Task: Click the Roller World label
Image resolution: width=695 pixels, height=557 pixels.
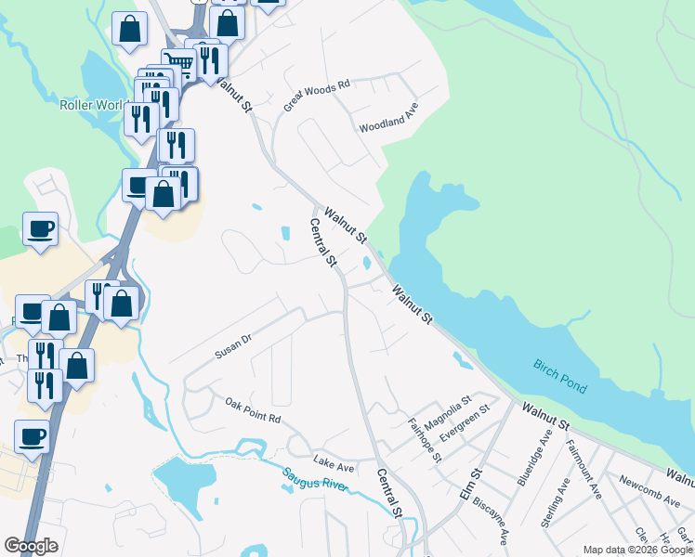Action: tap(90, 105)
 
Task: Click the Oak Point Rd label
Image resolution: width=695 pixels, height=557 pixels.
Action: tap(253, 411)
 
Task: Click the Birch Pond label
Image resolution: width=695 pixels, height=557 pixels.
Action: tap(560, 375)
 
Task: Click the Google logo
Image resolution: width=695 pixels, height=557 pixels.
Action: tap(32, 546)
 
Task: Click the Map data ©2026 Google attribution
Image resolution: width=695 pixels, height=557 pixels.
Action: tap(637, 550)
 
